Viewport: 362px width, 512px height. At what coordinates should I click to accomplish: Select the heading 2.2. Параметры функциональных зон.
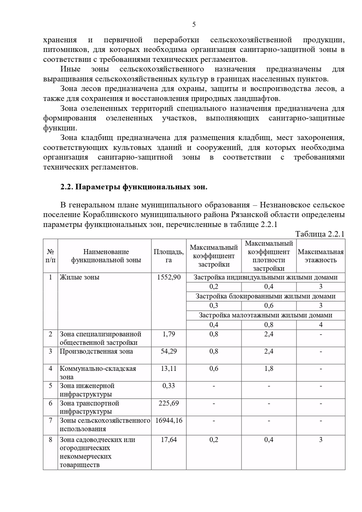pyautogui.click(x=134, y=187)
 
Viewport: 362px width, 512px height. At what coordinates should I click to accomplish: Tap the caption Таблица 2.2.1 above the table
pyautogui.click(x=320, y=234)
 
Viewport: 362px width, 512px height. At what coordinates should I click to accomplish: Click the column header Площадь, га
pyautogui.click(x=169, y=256)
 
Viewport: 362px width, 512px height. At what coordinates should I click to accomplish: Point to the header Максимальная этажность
pyautogui.click(x=321, y=256)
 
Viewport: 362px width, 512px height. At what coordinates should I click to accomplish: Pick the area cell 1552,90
pyautogui.click(x=169, y=277)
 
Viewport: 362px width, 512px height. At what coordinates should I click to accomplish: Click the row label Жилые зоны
pyautogui.click(x=79, y=277)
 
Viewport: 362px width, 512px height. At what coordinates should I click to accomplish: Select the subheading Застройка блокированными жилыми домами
pyautogui.click(x=265, y=296)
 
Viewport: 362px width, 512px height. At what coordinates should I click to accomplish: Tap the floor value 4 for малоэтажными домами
pyautogui.click(x=321, y=325)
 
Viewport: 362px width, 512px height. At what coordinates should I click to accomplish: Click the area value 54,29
pyautogui.click(x=169, y=351)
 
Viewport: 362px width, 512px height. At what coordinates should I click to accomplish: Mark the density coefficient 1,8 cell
pyautogui.click(x=269, y=369)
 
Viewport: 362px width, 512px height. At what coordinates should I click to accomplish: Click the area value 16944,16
pyautogui.click(x=169, y=420)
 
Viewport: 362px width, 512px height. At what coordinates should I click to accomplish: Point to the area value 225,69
pyautogui.click(x=169, y=403)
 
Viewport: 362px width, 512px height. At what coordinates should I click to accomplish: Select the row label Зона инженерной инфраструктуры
pyautogui.click(x=87, y=390)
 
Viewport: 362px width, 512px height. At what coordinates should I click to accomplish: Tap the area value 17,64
pyautogui.click(x=169, y=440)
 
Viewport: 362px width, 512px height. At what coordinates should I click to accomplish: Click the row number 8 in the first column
pyautogui.click(x=50, y=440)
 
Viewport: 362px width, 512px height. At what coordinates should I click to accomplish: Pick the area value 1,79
pyautogui.click(x=169, y=334)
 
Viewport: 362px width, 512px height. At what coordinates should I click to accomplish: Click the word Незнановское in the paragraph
pyautogui.click(x=283, y=205)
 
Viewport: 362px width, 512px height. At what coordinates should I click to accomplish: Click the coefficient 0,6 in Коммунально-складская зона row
pyautogui.click(x=214, y=369)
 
